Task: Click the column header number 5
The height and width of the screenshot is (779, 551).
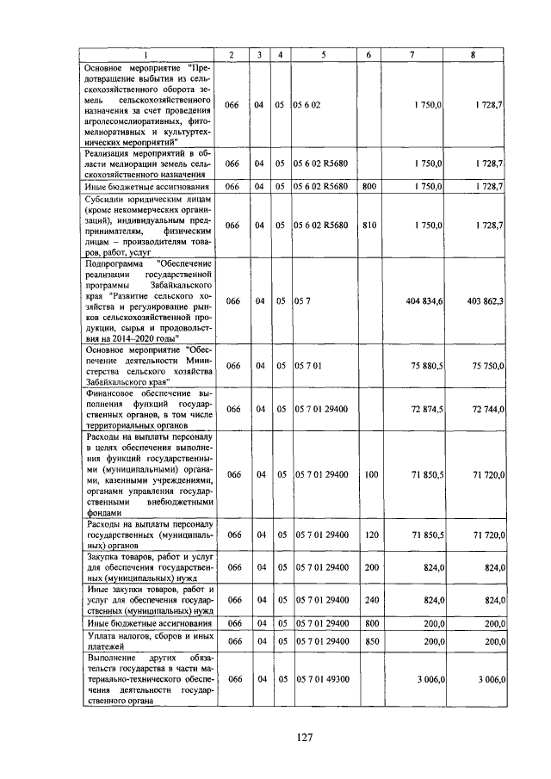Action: point(323,56)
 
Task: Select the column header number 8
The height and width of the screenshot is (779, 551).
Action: point(473,56)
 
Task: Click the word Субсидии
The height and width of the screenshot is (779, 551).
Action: point(107,197)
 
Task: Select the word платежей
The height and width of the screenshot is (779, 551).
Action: point(104,646)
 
